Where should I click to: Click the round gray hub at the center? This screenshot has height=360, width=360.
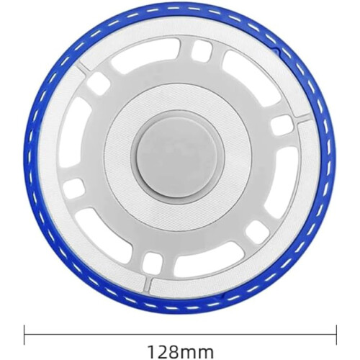click(x=179, y=155)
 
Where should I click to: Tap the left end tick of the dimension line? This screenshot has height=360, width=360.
click(x=24, y=335)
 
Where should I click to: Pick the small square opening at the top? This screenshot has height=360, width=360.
click(x=202, y=50)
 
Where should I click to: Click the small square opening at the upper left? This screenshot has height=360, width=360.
click(x=99, y=83)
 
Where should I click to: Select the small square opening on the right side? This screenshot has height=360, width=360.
click(x=282, y=126)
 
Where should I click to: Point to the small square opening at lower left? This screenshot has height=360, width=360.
click(x=74, y=189)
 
